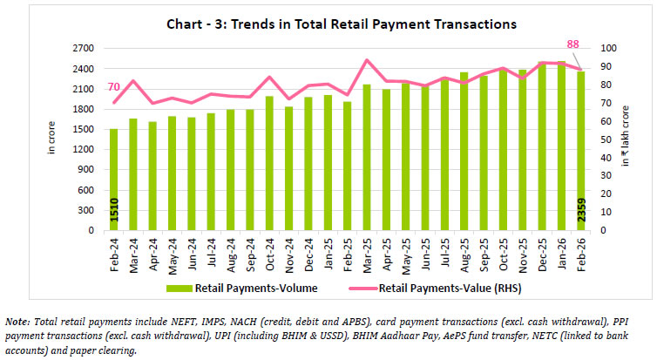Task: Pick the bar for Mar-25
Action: (x=367, y=158)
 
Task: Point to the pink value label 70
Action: (x=113, y=87)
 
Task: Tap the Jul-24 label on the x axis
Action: (x=211, y=252)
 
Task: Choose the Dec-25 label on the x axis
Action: (x=542, y=252)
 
